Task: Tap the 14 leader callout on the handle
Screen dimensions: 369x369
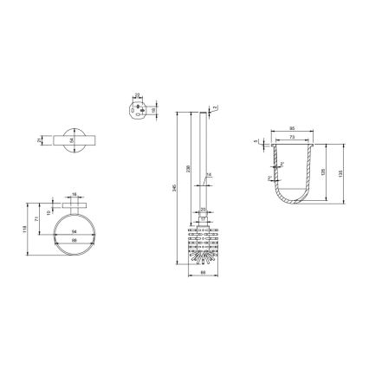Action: (x=208, y=175)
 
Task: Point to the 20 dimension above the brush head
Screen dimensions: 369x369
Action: (x=203, y=210)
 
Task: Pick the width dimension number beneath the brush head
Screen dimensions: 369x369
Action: (x=202, y=274)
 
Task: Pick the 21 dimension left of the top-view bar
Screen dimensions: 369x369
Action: (x=40, y=139)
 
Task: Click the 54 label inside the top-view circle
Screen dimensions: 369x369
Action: (x=72, y=139)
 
